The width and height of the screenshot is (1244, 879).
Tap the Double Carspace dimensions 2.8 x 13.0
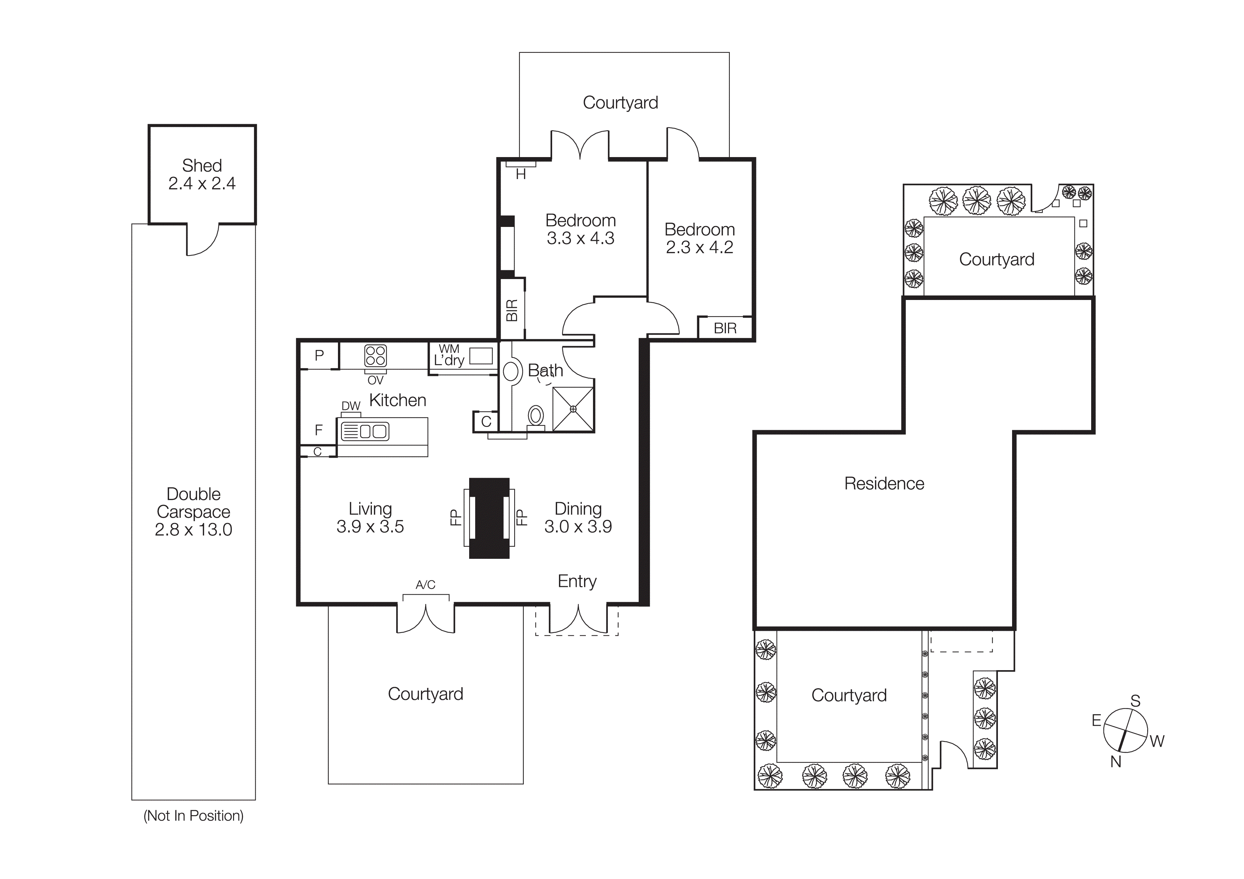tap(193, 530)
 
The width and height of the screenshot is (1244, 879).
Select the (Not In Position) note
tap(193, 816)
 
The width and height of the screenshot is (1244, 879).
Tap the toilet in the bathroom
tap(536, 417)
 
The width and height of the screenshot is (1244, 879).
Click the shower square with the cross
tap(573, 409)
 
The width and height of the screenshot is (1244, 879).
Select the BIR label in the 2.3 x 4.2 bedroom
tap(725, 328)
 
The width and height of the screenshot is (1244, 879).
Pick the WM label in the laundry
tap(449, 349)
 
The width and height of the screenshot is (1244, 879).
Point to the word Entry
tap(577, 581)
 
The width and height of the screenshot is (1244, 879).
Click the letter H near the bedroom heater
tap(521, 174)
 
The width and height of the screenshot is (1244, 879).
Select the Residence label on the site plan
tap(884, 484)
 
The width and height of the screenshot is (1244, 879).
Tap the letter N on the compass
tap(1116, 762)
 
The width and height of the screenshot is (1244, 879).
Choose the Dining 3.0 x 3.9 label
tap(578, 518)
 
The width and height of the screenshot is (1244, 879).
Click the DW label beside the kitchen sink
tap(351, 406)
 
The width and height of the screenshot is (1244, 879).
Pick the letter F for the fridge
tap(318, 430)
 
